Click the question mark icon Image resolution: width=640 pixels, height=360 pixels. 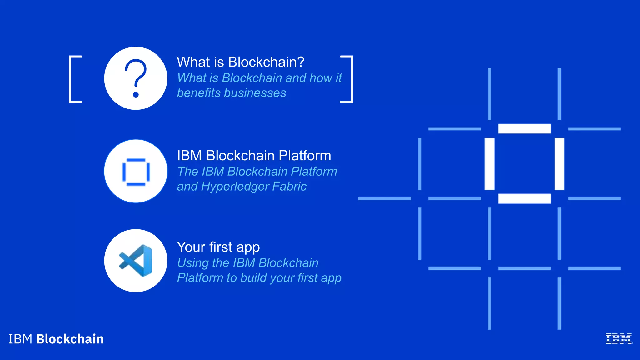pos(136,78)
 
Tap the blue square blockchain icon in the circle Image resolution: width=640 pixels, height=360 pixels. pos(136,171)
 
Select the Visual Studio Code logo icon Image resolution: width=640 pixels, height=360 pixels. pos(136,261)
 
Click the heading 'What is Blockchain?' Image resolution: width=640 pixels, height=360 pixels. pos(240,62)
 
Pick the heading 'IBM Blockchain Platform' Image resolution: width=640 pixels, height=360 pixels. pos(254,155)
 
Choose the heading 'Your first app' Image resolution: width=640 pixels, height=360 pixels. pos(218,247)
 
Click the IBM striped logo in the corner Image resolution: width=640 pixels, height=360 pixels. pos(619,339)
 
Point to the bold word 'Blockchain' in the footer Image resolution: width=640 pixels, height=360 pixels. pos(70,339)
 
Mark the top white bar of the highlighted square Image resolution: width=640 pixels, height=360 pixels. pos(524,129)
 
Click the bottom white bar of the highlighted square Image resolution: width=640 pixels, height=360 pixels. pos(524,198)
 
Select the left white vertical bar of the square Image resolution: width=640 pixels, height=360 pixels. pos(489,164)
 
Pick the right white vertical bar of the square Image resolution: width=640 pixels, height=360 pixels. pos(559,164)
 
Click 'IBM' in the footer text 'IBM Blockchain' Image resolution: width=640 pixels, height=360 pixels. pos(20,339)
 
